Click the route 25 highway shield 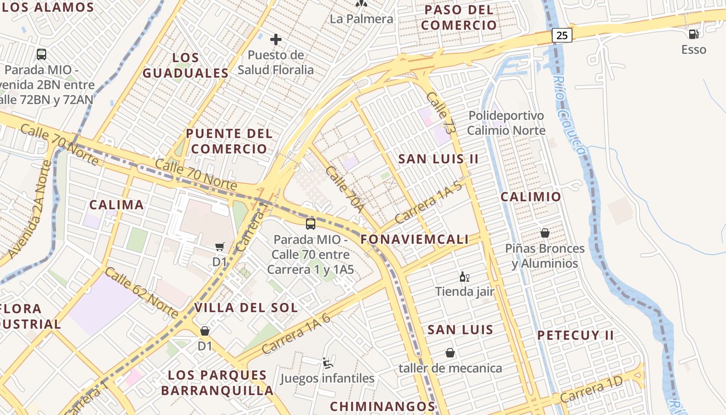562,35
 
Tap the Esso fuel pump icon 693,34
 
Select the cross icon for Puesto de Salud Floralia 276,39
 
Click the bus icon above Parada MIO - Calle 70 310,224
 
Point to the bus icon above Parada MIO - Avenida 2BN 41,54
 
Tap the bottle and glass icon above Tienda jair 464,277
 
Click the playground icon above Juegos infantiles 327,363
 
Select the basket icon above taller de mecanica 450,353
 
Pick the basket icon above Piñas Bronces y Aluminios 544,233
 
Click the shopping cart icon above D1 220,247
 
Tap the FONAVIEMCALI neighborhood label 414,239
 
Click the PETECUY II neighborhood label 576,335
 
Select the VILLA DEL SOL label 246,308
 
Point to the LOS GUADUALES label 185,65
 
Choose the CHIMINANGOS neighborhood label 382,406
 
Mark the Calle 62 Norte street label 142,293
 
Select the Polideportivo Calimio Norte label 506,123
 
